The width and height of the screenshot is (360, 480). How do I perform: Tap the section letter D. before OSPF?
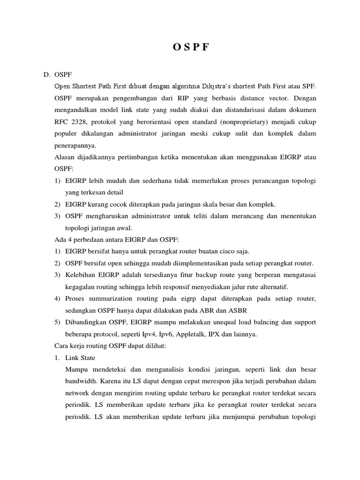46,75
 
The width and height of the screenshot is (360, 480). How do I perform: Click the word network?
81,393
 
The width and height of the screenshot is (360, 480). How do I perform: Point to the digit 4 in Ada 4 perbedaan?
69,239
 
